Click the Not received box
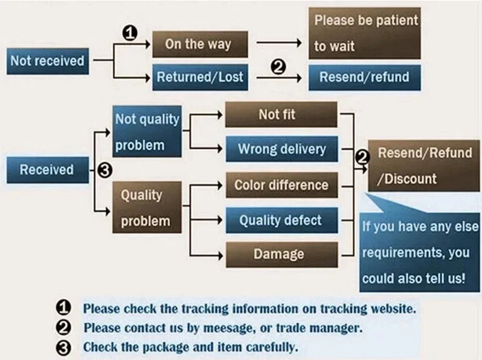(x=47, y=61)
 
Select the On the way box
(x=198, y=45)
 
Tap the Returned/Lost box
(x=200, y=77)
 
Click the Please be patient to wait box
(x=365, y=33)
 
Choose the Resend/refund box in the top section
(x=365, y=77)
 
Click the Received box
(x=46, y=170)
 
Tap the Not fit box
(x=281, y=114)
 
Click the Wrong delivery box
(x=281, y=149)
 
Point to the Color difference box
(x=281, y=185)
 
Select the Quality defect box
(x=281, y=220)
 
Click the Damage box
(x=281, y=254)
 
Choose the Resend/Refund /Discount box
(x=424, y=166)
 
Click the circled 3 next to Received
(x=104, y=170)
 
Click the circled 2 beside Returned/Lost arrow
(x=278, y=67)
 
